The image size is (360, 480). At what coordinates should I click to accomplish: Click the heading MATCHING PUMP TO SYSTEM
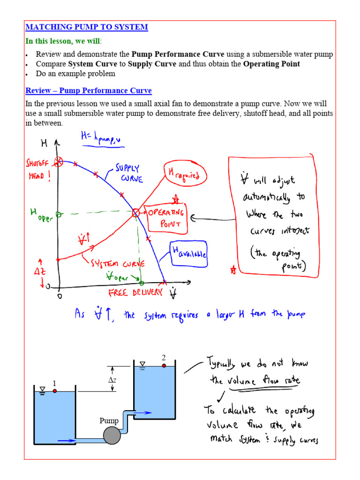point(87,27)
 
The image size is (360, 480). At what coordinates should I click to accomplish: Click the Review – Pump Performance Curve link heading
point(89,91)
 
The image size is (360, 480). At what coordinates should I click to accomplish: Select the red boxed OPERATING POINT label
point(166,218)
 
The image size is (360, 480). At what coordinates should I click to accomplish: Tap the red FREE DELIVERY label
point(135,292)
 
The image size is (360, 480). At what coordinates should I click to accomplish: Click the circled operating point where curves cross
point(136,213)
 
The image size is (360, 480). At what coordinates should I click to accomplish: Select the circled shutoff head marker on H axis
point(58,162)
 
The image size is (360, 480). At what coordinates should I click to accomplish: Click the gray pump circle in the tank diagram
point(112,436)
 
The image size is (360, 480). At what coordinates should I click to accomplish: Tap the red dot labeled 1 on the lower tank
point(55,391)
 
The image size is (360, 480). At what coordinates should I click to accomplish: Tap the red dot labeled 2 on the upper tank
point(164,366)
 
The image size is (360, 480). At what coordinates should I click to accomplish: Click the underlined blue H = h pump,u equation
point(103,139)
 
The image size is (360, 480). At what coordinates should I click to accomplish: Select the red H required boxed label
point(182,174)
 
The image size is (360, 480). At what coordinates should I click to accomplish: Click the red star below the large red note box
point(233,270)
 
